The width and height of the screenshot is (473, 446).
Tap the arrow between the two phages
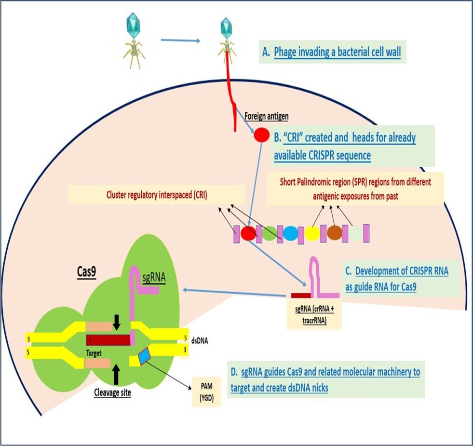(x=180, y=40)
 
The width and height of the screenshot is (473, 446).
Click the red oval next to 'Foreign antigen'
(x=262, y=135)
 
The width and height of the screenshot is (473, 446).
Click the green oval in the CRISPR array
(x=269, y=233)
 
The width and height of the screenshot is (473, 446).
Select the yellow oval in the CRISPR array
(x=312, y=233)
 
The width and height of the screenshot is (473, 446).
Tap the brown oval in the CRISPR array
(x=334, y=233)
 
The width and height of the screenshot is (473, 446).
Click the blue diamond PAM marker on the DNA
(x=145, y=357)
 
